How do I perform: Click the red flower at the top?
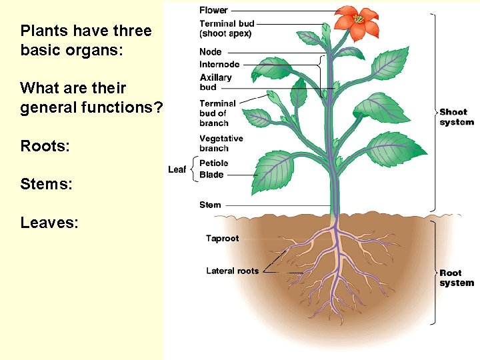[x=358, y=21]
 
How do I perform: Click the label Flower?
[x=213, y=10]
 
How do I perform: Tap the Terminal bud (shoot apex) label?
[x=227, y=29]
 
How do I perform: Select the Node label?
[x=211, y=52]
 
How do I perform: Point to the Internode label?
[x=219, y=65]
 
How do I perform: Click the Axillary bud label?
[x=215, y=82]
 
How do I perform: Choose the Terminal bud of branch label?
[x=217, y=113]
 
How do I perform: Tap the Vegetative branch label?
[x=221, y=143]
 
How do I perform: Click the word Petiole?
[x=213, y=163]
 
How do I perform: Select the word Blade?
[x=211, y=175]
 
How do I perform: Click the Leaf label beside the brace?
[x=177, y=169]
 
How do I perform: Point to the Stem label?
[x=210, y=205]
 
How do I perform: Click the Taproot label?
[x=222, y=238]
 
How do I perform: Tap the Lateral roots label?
[x=232, y=271]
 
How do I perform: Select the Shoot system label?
[x=457, y=117]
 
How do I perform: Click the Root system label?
[x=457, y=277]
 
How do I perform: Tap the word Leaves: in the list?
[x=49, y=222]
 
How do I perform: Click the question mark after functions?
[x=158, y=107]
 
